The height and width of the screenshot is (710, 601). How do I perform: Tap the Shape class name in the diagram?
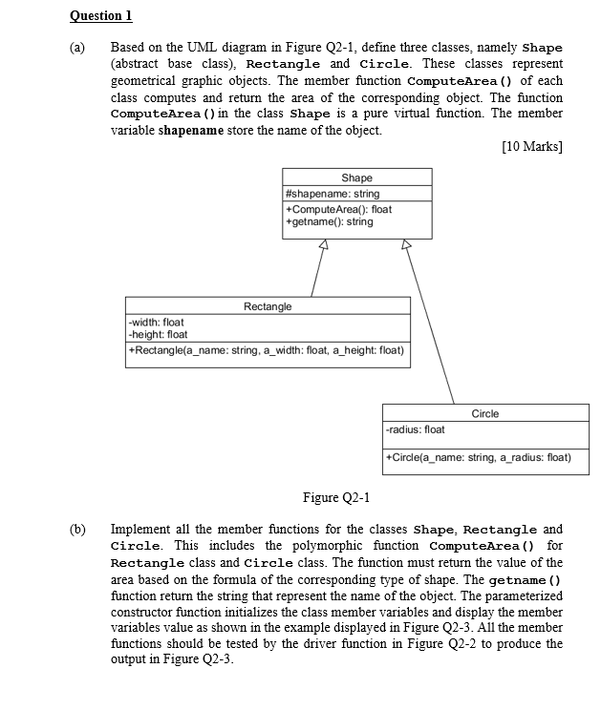[x=356, y=177]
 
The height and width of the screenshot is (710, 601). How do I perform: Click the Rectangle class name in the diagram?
[x=268, y=306]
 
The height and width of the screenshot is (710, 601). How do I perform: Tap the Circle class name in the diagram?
[x=485, y=413]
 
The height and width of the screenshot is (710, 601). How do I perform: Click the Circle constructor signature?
[x=477, y=457]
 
